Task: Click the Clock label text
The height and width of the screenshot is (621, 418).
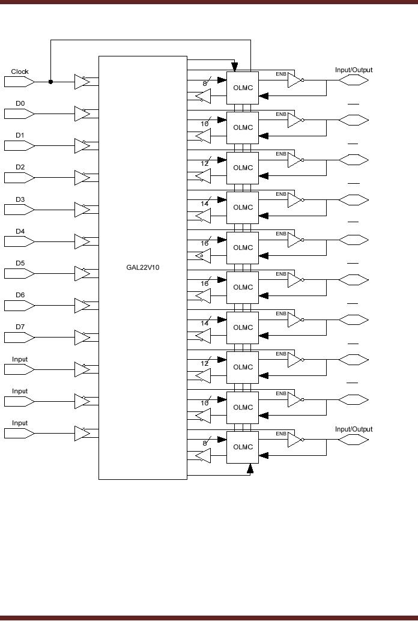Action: click(20, 71)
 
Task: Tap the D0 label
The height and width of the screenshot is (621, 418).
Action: click(20, 103)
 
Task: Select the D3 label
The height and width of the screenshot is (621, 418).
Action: click(20, 199)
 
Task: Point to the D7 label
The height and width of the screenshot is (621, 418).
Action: click(20, 327)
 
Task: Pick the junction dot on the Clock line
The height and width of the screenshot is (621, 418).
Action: click(50, 82)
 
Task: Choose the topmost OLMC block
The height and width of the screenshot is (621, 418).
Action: click(243, 88)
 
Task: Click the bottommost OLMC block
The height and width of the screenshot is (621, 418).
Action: click(243, 447)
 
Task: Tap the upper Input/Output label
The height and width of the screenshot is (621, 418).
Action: click(354, 70)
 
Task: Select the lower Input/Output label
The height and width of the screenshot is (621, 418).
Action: click(354, 429)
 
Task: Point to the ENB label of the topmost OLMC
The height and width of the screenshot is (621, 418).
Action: click(281, 74)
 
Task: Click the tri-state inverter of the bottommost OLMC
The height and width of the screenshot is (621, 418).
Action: click(294, 440)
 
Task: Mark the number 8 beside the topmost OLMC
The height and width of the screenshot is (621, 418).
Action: click(205, 83)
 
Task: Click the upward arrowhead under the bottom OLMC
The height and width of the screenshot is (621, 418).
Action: click(250, 468)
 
